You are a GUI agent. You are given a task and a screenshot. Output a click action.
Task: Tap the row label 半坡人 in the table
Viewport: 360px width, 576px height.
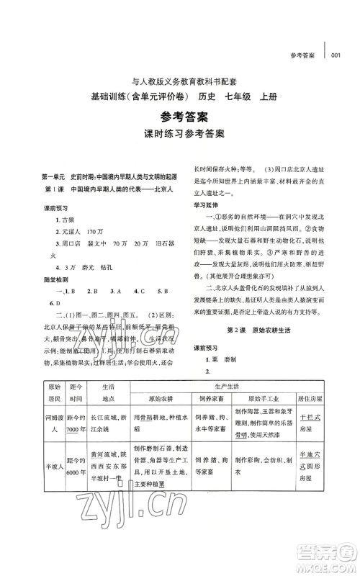pos(51,476)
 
